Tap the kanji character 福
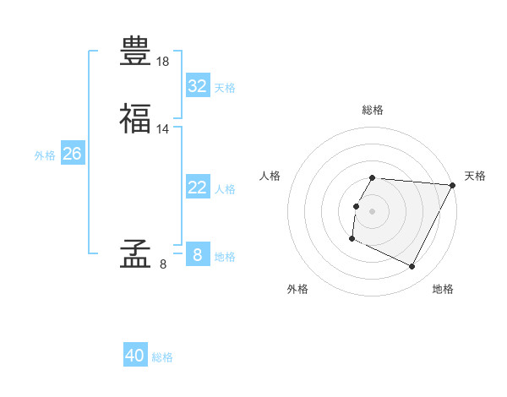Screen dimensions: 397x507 point(136,118)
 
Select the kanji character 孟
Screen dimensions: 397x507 point(136,253)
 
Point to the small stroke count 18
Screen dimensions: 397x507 point(163,62)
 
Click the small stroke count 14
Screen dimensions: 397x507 point(163,128)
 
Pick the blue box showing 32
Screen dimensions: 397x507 point(197,86)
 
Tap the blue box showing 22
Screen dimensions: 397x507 point(197,188)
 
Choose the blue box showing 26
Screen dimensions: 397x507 point(73,154)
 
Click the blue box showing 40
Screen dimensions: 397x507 point(135,356)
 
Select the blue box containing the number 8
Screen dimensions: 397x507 point(197,254)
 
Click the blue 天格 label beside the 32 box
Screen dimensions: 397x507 point(225,88)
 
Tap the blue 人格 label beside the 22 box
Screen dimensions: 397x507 point(225,189)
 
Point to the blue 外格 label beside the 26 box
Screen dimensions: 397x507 point(45,155)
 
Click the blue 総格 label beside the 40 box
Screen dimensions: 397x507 point(162,357)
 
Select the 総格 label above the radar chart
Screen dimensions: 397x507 point(372,110)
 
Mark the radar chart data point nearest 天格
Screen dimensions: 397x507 point(453,185)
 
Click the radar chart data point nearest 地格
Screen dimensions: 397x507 point(412,267)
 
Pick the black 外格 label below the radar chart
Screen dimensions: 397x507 point(297,290)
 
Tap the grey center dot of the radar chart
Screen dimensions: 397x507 point(372,211)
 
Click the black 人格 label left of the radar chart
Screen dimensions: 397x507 point(270,176)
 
